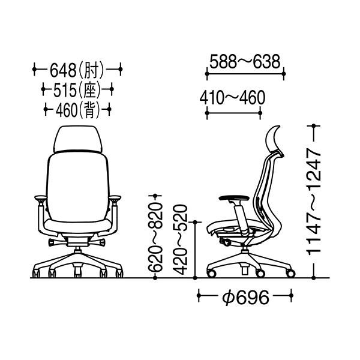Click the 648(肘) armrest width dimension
click(77, 70)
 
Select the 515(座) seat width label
click(77, 89)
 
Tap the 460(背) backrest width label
click(77, 110)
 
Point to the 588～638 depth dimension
click(245, 62)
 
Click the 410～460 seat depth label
click(232, 98)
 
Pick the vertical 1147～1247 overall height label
click(314, 202)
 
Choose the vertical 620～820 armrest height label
click(155, 237)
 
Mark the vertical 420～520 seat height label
click(181, 239)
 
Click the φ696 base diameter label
click(245, 298)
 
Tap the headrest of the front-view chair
click(78, 139)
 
